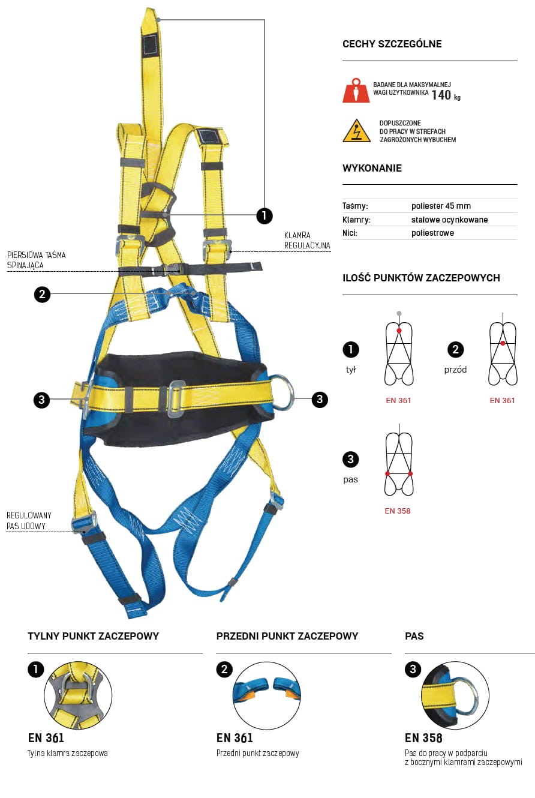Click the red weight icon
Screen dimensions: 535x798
pyautogui.click(x=356, y=90)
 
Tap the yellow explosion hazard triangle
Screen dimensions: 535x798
pyautogui.click(x=356, y=131)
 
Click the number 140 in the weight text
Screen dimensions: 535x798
pyautogui.click(x=441, y=95)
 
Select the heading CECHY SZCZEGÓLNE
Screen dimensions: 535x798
pyautogui.click(x=392, y=44)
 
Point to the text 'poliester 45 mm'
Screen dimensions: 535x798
pyautogui.click(x=441, y=206)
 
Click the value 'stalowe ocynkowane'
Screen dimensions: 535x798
pyautogui.click(x=449, y=220)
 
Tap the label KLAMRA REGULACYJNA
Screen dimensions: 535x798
pyautogui.click(x=307, y=240)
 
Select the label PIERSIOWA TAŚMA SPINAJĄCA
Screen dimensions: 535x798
pyautogui.click(x=37, y=260)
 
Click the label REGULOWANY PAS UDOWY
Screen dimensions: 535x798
pyautogui.click(x=29, y=520)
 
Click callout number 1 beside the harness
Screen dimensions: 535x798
pyautogui.click(x=265, y=215)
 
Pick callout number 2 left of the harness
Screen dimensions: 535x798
pyautogui.click(x=42, y=294)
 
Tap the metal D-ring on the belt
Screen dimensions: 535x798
pyautogui.click(x=282, y=392)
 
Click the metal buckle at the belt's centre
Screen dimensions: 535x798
pyautogui.click(x=176, y=399)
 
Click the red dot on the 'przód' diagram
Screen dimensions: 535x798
pyautogui.click(x=503, y=343)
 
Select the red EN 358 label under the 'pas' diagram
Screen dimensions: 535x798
pyautogui.click(x=398, y=511)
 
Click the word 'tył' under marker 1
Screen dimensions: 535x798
pyautogui.click(x=351, y=370)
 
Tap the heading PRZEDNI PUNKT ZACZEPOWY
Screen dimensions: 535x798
pyautogui.click(x=287, y=636)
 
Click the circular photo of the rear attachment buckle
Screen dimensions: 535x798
pyautogui.click(x=78, y=695)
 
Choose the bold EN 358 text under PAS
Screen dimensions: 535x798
pyautogui.click(x=423, y=738)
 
